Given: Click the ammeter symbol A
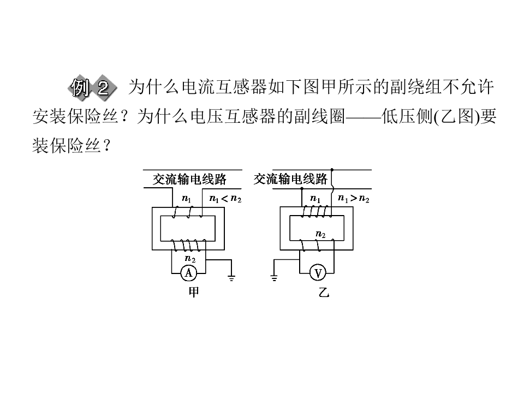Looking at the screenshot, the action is point(188,273).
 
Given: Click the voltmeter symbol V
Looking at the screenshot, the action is point(318,273).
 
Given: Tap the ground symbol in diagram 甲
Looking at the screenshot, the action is point(231,277).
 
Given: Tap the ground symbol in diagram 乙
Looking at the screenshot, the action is point(274,277).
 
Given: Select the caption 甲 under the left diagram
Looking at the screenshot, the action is point(194,293).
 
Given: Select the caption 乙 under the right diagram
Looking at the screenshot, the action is point(324,293).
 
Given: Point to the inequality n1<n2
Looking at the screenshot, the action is point(225,199).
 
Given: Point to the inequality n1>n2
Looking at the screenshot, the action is point(354,199).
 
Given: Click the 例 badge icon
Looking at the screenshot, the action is point(80,88).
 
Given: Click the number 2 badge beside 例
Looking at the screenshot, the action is point(104,88).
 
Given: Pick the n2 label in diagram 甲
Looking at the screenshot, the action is point(190,259).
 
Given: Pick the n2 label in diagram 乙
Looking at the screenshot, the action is point(320,234).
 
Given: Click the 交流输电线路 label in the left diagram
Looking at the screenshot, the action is point(189,180).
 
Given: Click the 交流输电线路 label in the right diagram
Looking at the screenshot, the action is point(290,179).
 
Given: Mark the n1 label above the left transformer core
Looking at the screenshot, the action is point(187,199).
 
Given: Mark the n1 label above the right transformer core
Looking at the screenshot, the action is point(315,199).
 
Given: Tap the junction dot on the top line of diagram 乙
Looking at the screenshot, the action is point(332,170).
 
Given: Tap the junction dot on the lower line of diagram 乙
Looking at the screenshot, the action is point(302,188).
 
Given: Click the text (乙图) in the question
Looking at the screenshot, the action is point(457,117).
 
